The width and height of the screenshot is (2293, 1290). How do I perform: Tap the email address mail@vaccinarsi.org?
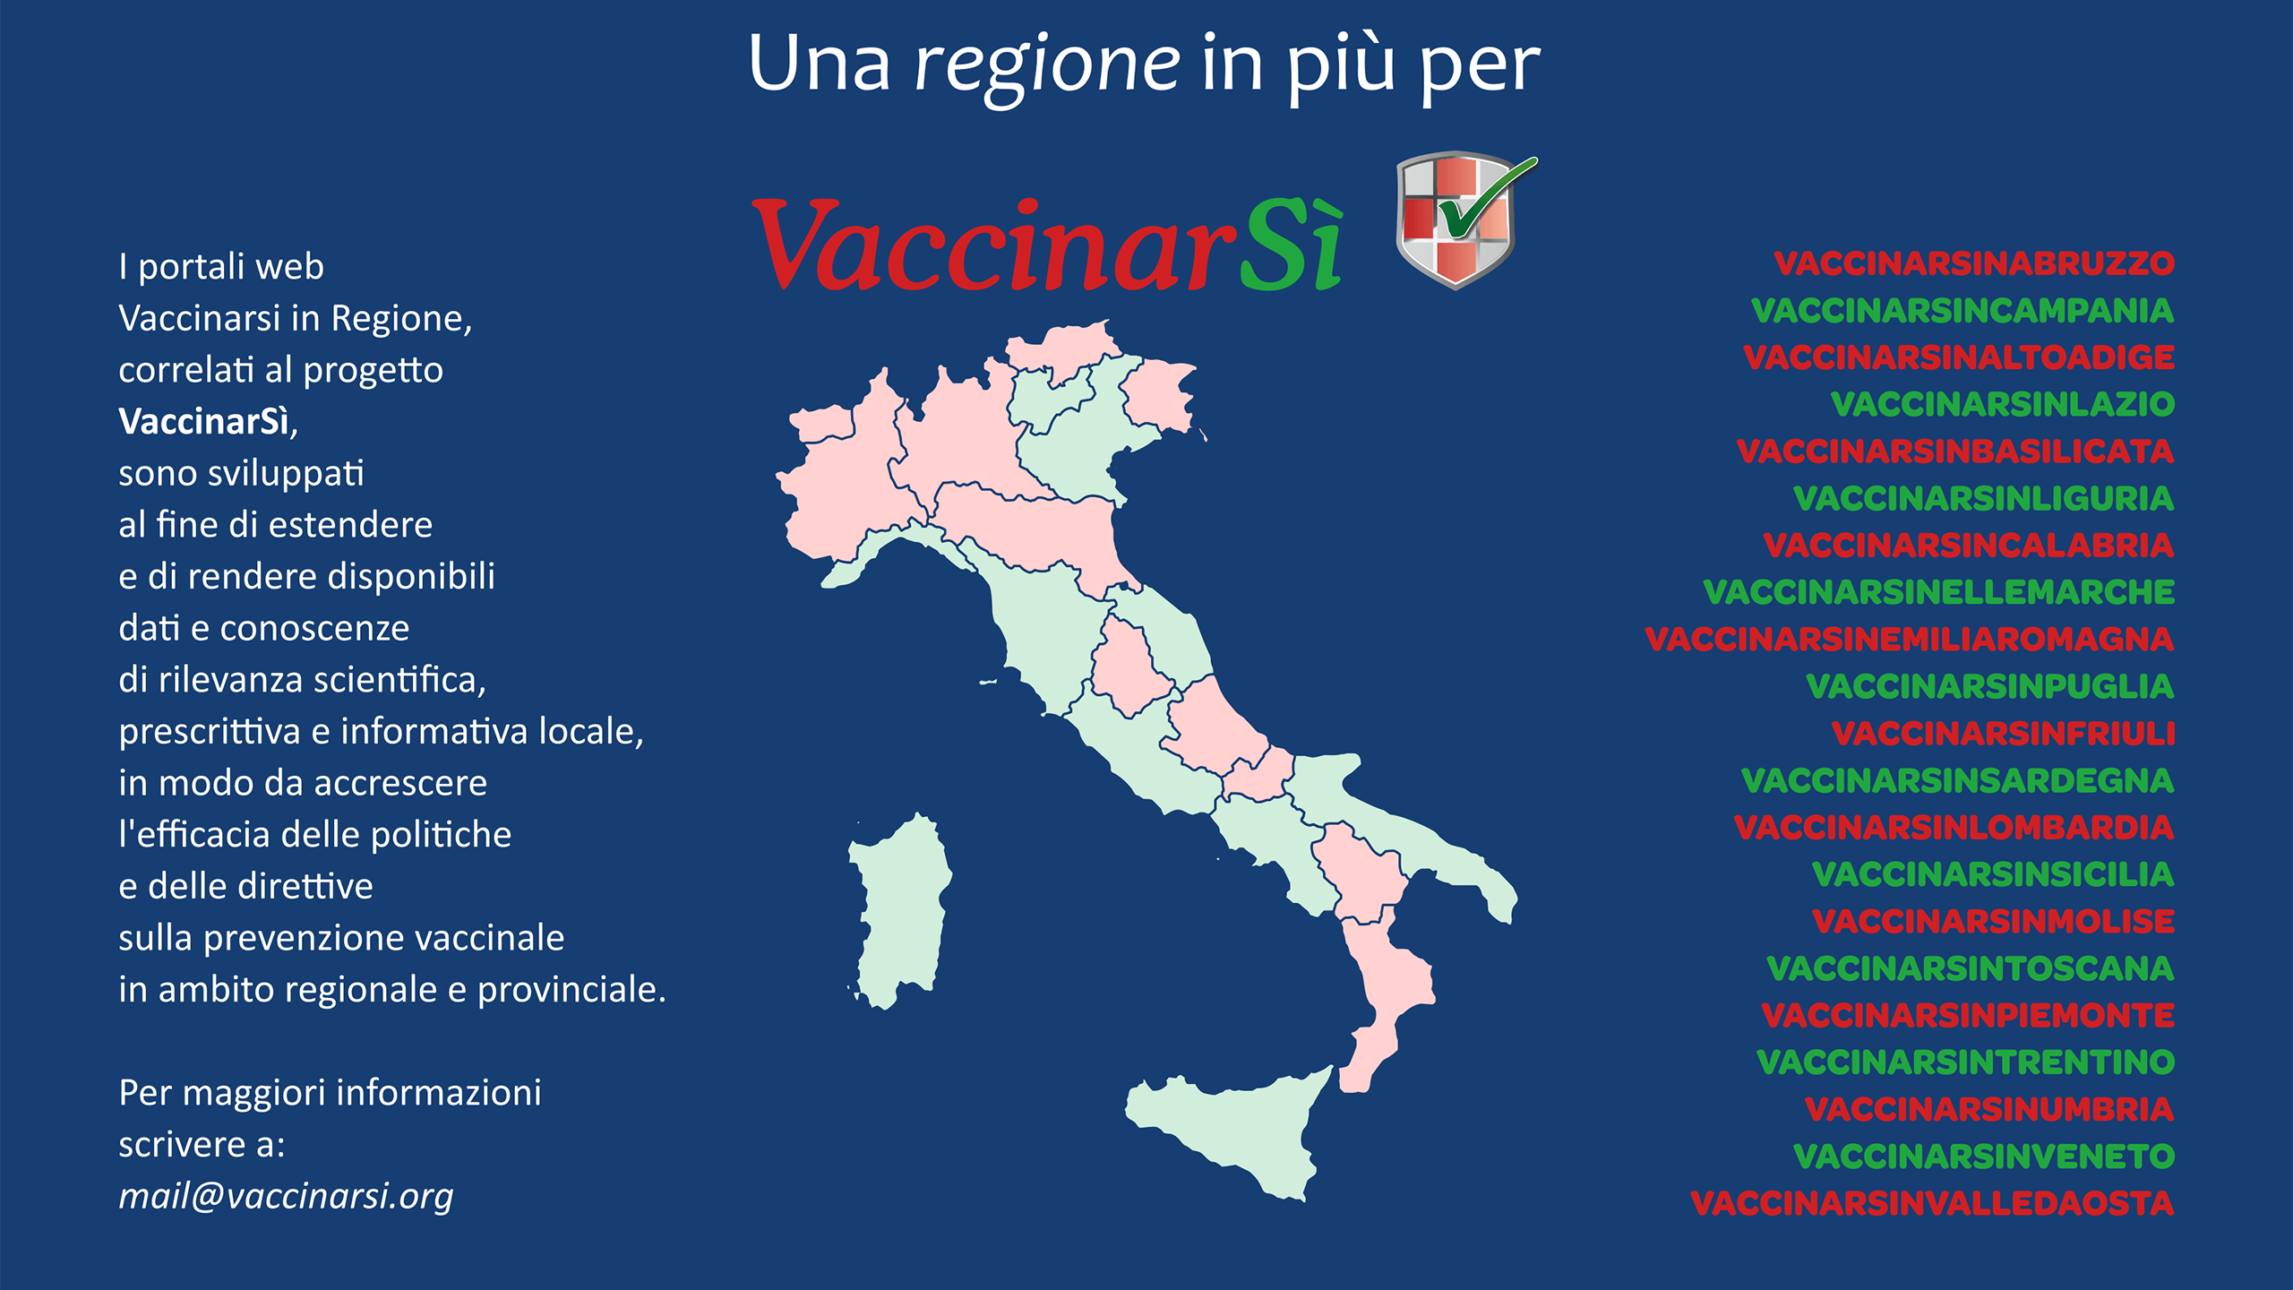[286, 1197]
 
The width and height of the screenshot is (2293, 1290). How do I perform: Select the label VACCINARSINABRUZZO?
[1973, 263]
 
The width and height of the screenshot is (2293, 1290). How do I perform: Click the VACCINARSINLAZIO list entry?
[2002, 404]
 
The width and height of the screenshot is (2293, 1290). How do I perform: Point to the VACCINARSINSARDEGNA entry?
[1957, 780]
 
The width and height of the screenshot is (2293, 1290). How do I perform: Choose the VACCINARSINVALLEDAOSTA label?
[1932, 1203]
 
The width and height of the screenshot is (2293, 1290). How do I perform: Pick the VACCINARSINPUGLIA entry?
[1989, 686]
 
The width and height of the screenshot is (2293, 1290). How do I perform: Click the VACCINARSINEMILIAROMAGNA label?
[1909, 640]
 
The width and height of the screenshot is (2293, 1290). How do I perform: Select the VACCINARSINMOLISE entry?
[1993, 921]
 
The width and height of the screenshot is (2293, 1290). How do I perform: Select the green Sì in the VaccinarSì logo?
[1292, 246]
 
